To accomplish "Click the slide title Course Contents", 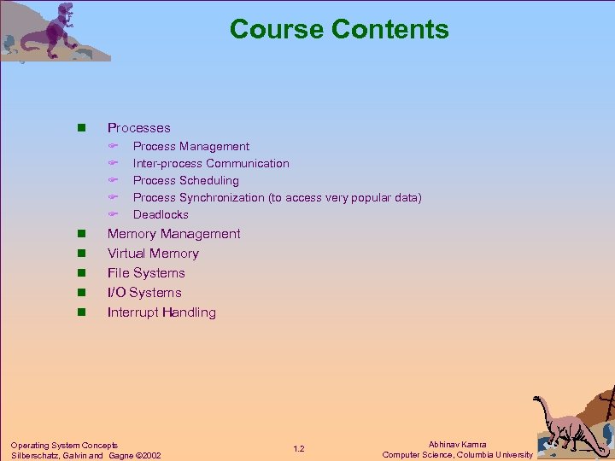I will coord(339,29).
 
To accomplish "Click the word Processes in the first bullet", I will coord(138,128).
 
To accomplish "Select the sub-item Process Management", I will coord(191,147).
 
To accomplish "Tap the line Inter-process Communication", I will coord(211,164).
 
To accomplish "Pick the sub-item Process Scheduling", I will coord(185,181).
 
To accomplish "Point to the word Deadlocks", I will coord(161,215).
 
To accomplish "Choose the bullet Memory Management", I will coord(173,234).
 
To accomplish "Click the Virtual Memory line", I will coord(153,254).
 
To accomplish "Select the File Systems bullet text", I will coord(146,273).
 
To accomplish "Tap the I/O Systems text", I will coord(144,293).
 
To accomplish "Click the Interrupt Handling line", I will coord(161,312).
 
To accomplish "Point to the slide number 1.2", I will coord(299,449).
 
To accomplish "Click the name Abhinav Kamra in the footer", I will coord(458,444).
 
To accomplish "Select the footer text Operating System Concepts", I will coord(64,445).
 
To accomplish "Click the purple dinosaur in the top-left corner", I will coord(56,30).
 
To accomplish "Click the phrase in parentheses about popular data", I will coord(345,198).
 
